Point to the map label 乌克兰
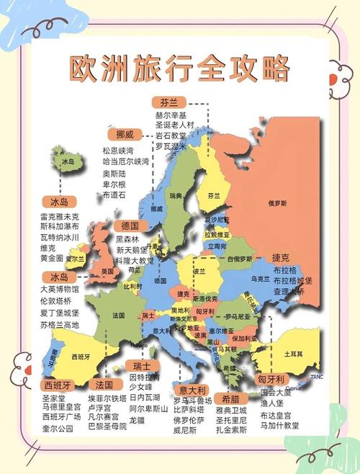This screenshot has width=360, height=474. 260,278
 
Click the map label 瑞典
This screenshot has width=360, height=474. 176,195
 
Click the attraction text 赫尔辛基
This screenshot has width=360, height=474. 171,115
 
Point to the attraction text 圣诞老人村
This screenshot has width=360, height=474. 175,125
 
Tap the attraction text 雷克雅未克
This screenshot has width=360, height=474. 60,216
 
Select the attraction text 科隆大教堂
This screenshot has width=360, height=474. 135,260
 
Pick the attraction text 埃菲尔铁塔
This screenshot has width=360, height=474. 107,398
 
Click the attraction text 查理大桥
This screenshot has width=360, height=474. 289,292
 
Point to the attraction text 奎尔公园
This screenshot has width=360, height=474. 58,429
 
